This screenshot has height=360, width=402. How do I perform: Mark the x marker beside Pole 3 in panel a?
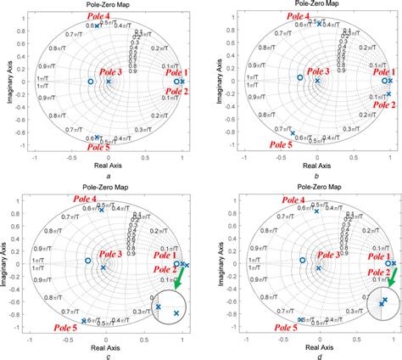(x=108, y=82)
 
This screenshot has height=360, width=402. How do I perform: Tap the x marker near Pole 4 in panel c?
(x=101, y=210)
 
